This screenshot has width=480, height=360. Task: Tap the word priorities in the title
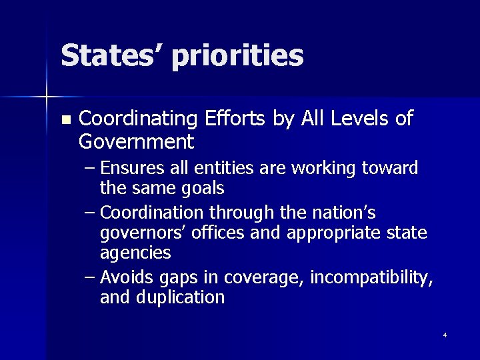pos(238,57)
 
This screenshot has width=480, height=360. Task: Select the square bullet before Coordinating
pos(65,121)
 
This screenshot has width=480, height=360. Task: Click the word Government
pos(136,141)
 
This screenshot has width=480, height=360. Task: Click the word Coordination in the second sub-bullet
pos(154,213)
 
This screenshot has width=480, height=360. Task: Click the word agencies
pos(135,253)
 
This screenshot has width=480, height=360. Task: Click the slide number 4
pos(445,334)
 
